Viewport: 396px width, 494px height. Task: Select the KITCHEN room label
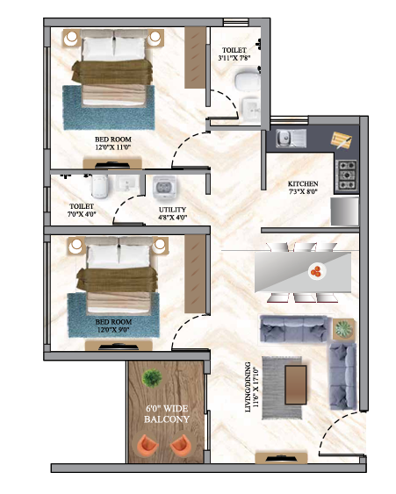tap(304, 184)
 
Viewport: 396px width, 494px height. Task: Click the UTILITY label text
tap(172, 211)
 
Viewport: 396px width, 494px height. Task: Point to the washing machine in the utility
tap(165, 187)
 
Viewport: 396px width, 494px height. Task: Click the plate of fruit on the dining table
tap(314, 272)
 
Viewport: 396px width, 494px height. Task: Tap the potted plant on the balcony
tap(152, 378)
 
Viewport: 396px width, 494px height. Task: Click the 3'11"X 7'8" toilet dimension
tap(234, 59)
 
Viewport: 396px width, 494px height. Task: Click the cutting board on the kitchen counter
tap(341, 140)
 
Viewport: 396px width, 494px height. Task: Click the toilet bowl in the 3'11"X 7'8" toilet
tap(243, 84)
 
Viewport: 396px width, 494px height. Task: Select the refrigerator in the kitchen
tap(344, 211)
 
